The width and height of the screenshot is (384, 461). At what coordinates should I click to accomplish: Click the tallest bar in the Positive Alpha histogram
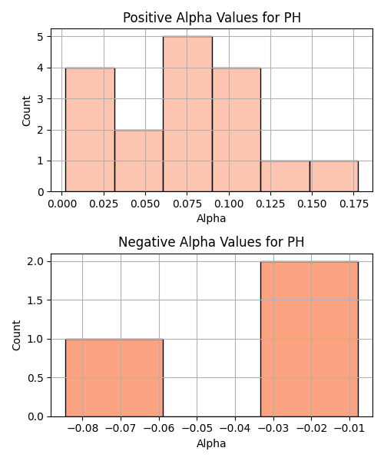tap(187, 114)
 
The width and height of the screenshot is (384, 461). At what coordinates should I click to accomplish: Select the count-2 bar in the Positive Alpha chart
tap(139, 161)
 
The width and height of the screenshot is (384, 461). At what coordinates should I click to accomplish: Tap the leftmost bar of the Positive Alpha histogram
tap(90, 130)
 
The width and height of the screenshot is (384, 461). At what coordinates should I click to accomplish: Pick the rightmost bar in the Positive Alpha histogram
tap(334, 177)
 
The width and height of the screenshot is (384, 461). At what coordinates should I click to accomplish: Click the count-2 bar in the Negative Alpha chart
tap(310, 339)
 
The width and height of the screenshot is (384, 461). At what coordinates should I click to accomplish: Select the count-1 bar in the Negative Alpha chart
tap(114, 378)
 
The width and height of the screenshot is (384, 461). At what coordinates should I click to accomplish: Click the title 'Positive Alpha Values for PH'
tap(212, 18)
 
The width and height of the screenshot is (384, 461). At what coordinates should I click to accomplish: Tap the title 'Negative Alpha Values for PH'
tap(211, 242)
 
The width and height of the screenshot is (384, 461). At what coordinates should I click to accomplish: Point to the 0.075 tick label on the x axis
tap(187, 204)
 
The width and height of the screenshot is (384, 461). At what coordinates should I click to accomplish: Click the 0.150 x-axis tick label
tap(312, 204)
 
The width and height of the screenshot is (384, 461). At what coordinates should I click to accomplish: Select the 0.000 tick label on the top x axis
tap(62, 204)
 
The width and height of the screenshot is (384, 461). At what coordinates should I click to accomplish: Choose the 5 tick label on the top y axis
tap(41, 37)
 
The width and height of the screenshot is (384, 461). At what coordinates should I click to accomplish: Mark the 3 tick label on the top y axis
tap(41, 99)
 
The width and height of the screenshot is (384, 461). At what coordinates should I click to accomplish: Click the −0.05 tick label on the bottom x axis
tap(197, 429)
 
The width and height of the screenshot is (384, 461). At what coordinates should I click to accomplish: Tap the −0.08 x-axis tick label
tap(82, 429)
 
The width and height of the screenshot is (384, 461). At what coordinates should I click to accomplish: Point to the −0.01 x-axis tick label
tap(349, 429)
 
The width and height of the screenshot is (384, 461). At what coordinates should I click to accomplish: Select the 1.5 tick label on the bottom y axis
tap(35, 300)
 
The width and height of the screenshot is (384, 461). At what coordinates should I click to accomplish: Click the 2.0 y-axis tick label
tap(35, 262)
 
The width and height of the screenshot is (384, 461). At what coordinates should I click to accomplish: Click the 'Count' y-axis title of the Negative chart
tap(16, 336)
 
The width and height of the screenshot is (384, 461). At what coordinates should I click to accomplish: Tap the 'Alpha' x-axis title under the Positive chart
tap(211, 218)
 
